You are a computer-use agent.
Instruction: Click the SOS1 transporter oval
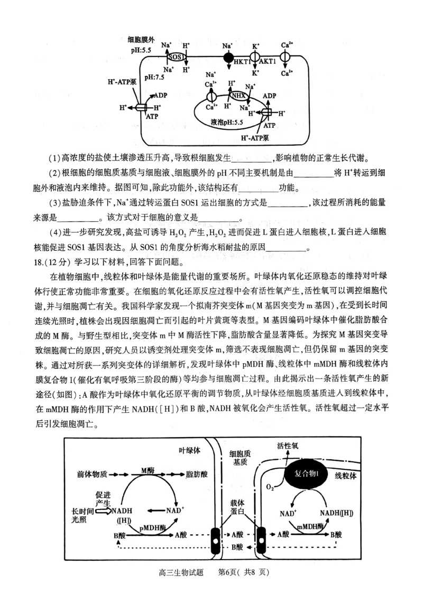[x=176, y=57]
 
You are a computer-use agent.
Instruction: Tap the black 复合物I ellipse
[x=309, y=471]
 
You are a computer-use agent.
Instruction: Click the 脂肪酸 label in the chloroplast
[x=197, y=474]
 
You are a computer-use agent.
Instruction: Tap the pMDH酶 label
[x=153, y=527]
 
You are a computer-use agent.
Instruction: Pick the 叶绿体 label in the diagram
[x=189, y=450]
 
